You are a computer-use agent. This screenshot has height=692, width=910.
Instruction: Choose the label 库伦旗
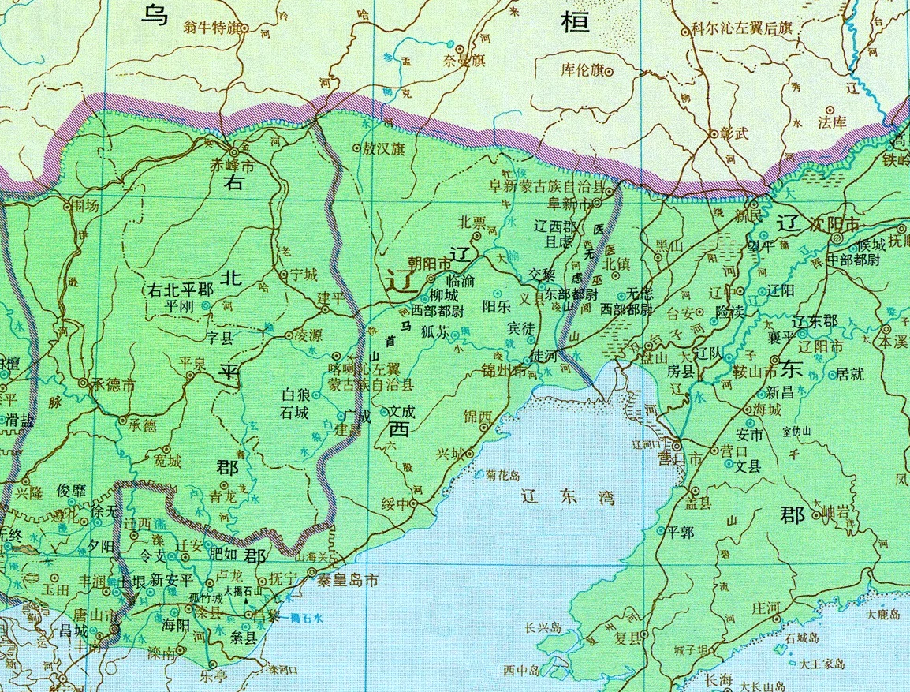(581, 69)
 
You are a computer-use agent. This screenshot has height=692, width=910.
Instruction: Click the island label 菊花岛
(504, 476)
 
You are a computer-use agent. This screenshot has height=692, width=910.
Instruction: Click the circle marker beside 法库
(830, 110)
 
